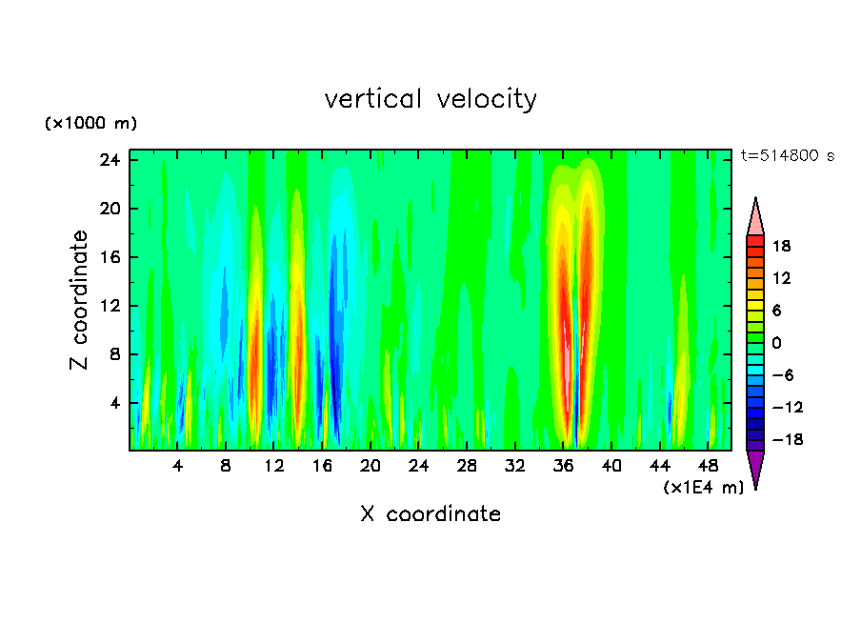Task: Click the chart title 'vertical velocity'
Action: (430, 99)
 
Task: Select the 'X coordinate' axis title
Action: (430, 514)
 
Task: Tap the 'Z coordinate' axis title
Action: (79, 300)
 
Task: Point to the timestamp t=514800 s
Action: (787, 156)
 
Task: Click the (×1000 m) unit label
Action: (90, 124)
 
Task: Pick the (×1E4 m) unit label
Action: (703, 488)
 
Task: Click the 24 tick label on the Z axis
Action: (110, 160)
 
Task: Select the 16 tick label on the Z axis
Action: (110, 257)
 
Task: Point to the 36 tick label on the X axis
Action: (564, 467)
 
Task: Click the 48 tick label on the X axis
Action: (709, 467)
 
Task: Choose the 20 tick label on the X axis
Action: (370, 467)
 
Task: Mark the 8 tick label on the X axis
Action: (226, 467)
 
